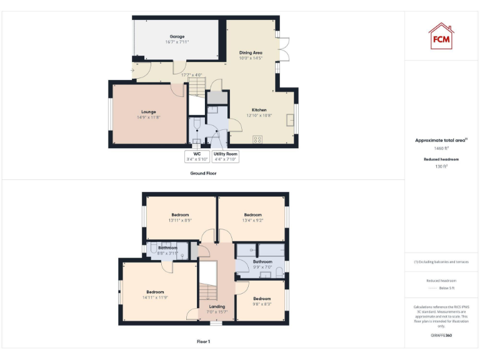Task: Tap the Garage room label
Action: point(177,36)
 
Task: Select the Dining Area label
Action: point(251,52)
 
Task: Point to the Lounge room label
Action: point(149,112)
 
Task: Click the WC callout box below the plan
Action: point(197,156)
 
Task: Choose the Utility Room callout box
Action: point(225,156)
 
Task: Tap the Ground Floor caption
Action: point(203,173)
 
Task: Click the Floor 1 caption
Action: point(203,342)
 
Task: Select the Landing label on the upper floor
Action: point(217,306)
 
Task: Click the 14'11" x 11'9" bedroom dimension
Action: point(155,297)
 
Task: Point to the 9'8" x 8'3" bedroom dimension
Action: point(262,303)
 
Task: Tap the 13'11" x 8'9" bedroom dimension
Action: point(180,220)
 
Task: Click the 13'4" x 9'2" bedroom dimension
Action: point(253,220)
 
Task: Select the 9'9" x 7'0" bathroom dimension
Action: point(262,267)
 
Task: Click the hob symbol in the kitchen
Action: point(256,139)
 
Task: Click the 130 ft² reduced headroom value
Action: point(441,166)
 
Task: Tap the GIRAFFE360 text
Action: point(441,336)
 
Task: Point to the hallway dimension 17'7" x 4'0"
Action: point(192,76)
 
